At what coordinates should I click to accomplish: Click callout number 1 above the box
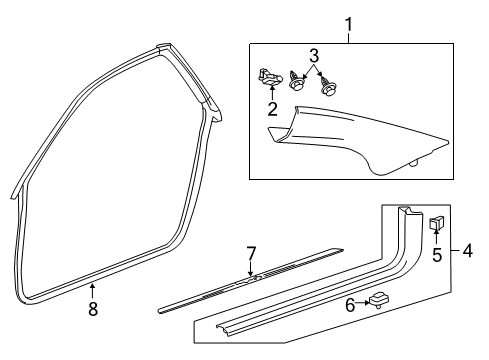point(349,22)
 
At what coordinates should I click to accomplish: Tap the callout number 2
point(272,109)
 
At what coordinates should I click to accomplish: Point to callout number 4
point(468,251)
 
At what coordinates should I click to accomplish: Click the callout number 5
point(436,253)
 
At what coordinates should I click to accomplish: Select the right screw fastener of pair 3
point(325,84)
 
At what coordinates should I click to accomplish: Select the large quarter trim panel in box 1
point(360,140)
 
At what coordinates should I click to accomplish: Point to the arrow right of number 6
point(366,302)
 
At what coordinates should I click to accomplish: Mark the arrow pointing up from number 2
point(272,93)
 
